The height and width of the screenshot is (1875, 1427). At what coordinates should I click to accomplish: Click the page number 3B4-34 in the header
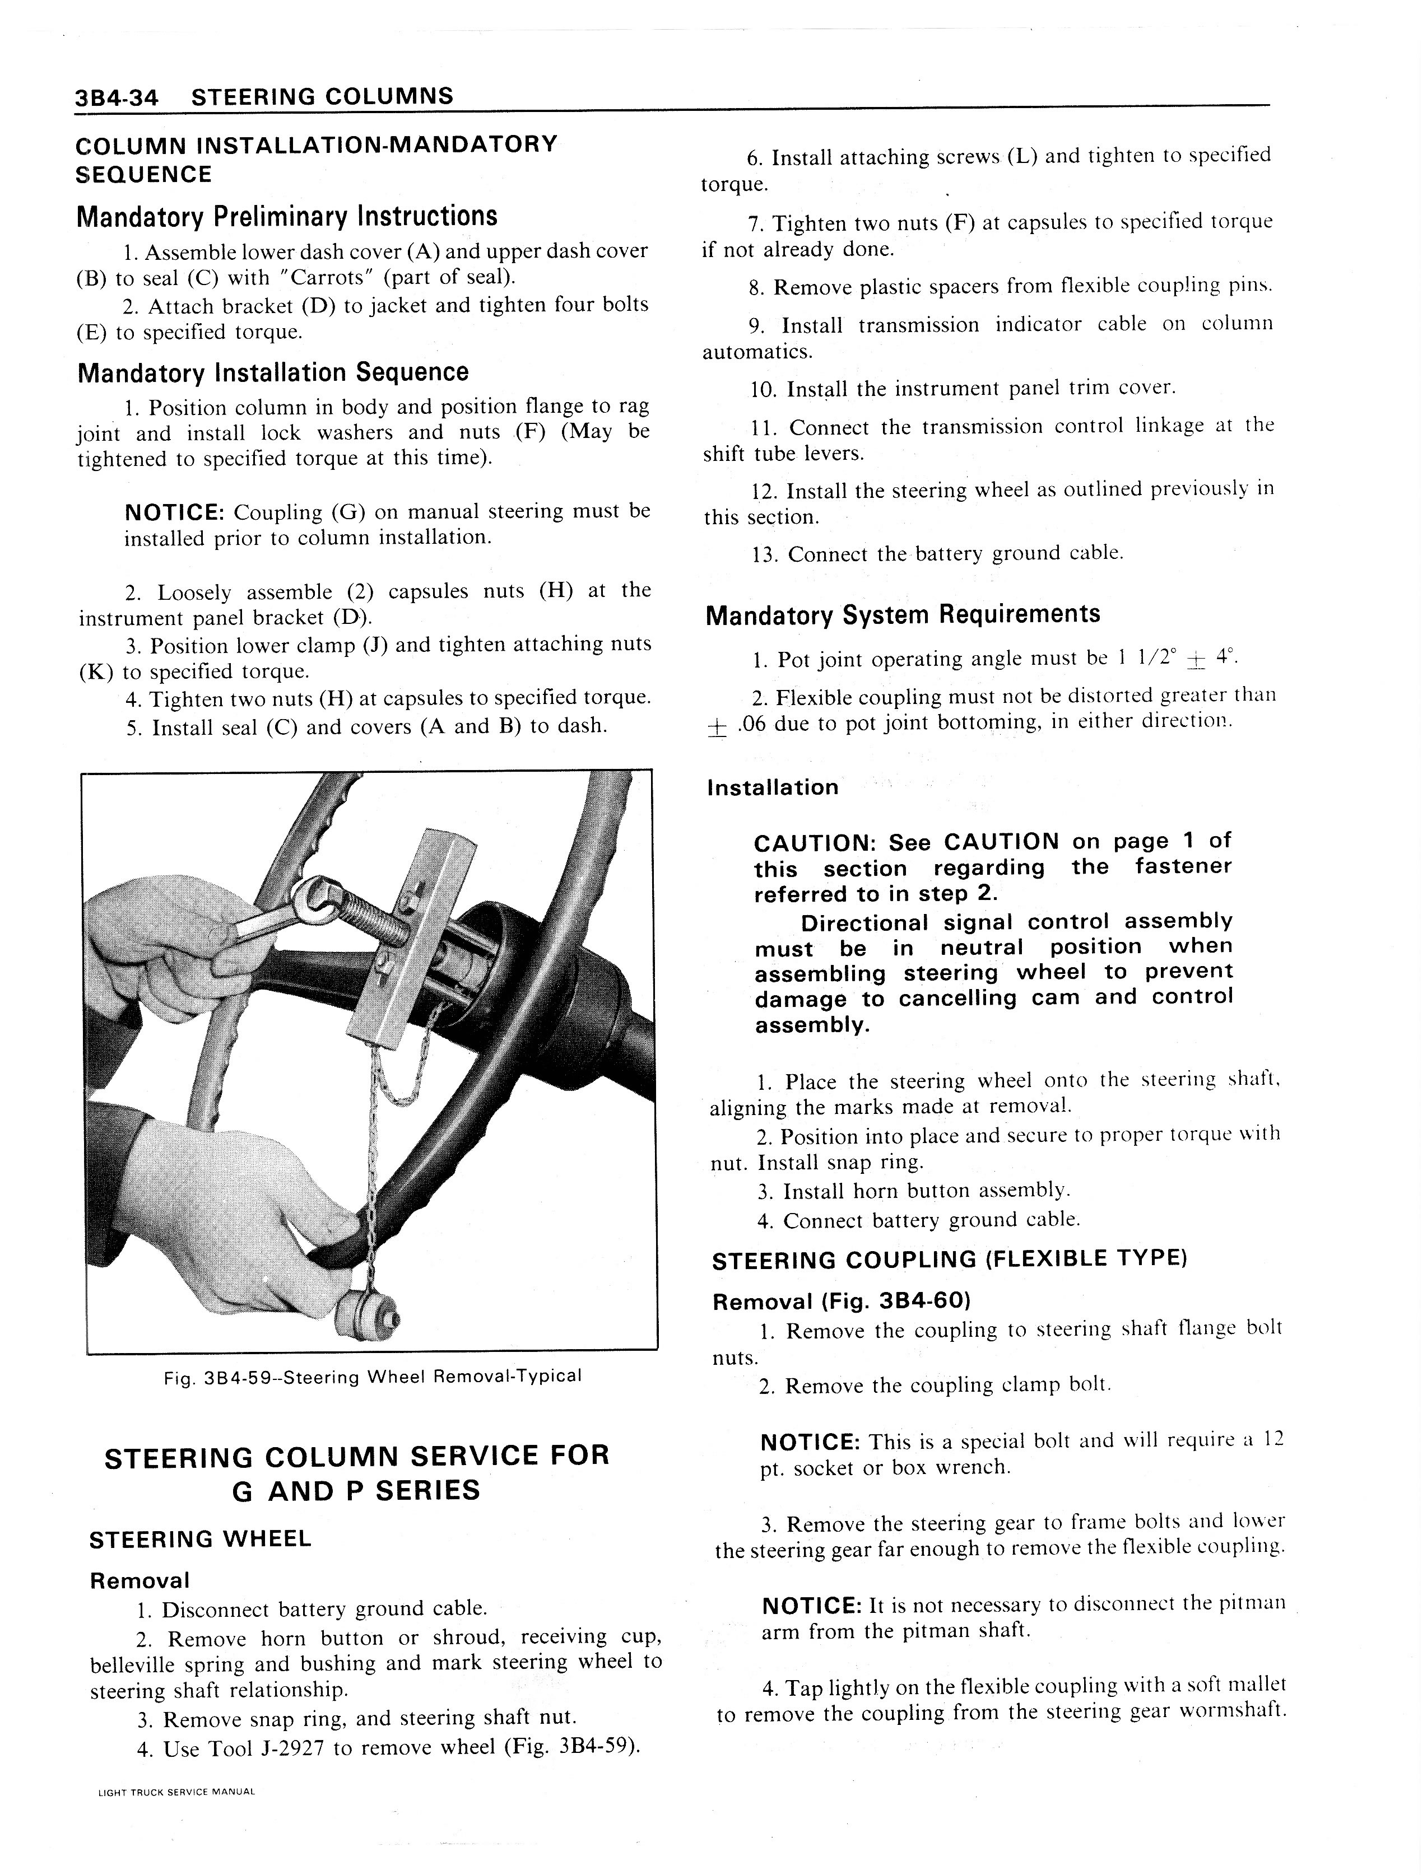click(x=117, y=97)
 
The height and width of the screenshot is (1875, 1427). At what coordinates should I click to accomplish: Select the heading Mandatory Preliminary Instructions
click(x=286, y=217)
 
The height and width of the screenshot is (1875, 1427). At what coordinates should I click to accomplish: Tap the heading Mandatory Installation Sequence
click(x=273, y=373)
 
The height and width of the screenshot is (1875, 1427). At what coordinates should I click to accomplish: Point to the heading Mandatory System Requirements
click(x=902, y=614)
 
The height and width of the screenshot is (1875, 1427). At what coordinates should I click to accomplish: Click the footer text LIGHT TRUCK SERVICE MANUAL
click(x=176, y=1792)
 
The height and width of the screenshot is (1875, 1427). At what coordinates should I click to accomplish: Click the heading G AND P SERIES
click(x=356, y=1491)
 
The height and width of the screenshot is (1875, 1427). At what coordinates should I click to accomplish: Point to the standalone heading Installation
click(x=772, y=787)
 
